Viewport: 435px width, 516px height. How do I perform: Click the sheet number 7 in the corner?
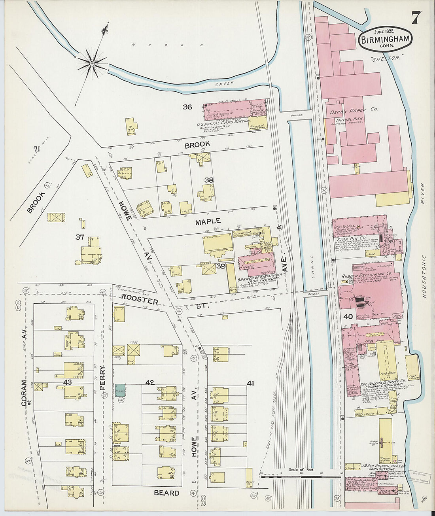coord(416,17)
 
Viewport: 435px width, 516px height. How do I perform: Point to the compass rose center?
coord(92,63)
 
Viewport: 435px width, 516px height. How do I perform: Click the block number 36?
coord(187,107)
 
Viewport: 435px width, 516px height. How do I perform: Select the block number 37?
coord(80,237)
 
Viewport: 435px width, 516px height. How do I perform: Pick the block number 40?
coord(348,316)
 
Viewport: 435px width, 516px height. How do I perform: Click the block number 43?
coord(67,382)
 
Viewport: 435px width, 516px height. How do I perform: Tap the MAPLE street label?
coord(208,222)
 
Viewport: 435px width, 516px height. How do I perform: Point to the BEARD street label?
coord(166,493)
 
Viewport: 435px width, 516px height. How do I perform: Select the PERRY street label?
coord(103,378)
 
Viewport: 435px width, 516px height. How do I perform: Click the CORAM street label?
coord(25,393)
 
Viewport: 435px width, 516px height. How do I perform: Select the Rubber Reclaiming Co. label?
coord(367,273)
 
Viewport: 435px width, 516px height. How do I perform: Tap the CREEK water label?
coord(225,83)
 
